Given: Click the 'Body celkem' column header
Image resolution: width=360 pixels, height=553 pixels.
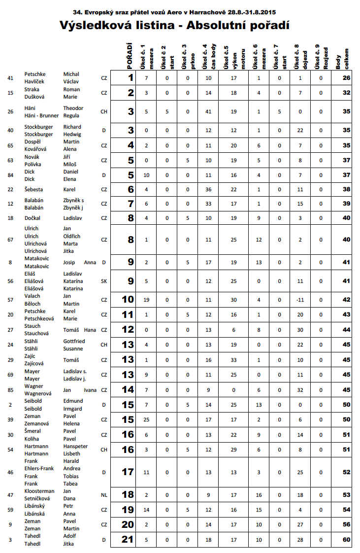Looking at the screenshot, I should click(345, 58).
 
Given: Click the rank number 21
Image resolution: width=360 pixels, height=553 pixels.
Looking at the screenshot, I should click(128, 540).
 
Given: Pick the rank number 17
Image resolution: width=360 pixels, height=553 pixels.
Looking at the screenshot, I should click(128, 472).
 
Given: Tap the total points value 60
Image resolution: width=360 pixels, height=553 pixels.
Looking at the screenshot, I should click(347, 540).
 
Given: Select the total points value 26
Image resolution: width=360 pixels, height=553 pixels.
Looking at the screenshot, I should click(347, 78).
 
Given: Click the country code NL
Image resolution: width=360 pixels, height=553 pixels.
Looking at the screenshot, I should click(104, 495).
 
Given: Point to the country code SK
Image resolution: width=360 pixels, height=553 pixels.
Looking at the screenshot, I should click(104, 281).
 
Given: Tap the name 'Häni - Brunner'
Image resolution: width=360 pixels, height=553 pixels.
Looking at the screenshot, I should click(41, 115).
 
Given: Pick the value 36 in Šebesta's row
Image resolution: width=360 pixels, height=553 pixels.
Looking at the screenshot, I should click(208, 189).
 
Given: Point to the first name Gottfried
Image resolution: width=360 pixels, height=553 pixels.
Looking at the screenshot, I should click(74, 341).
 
